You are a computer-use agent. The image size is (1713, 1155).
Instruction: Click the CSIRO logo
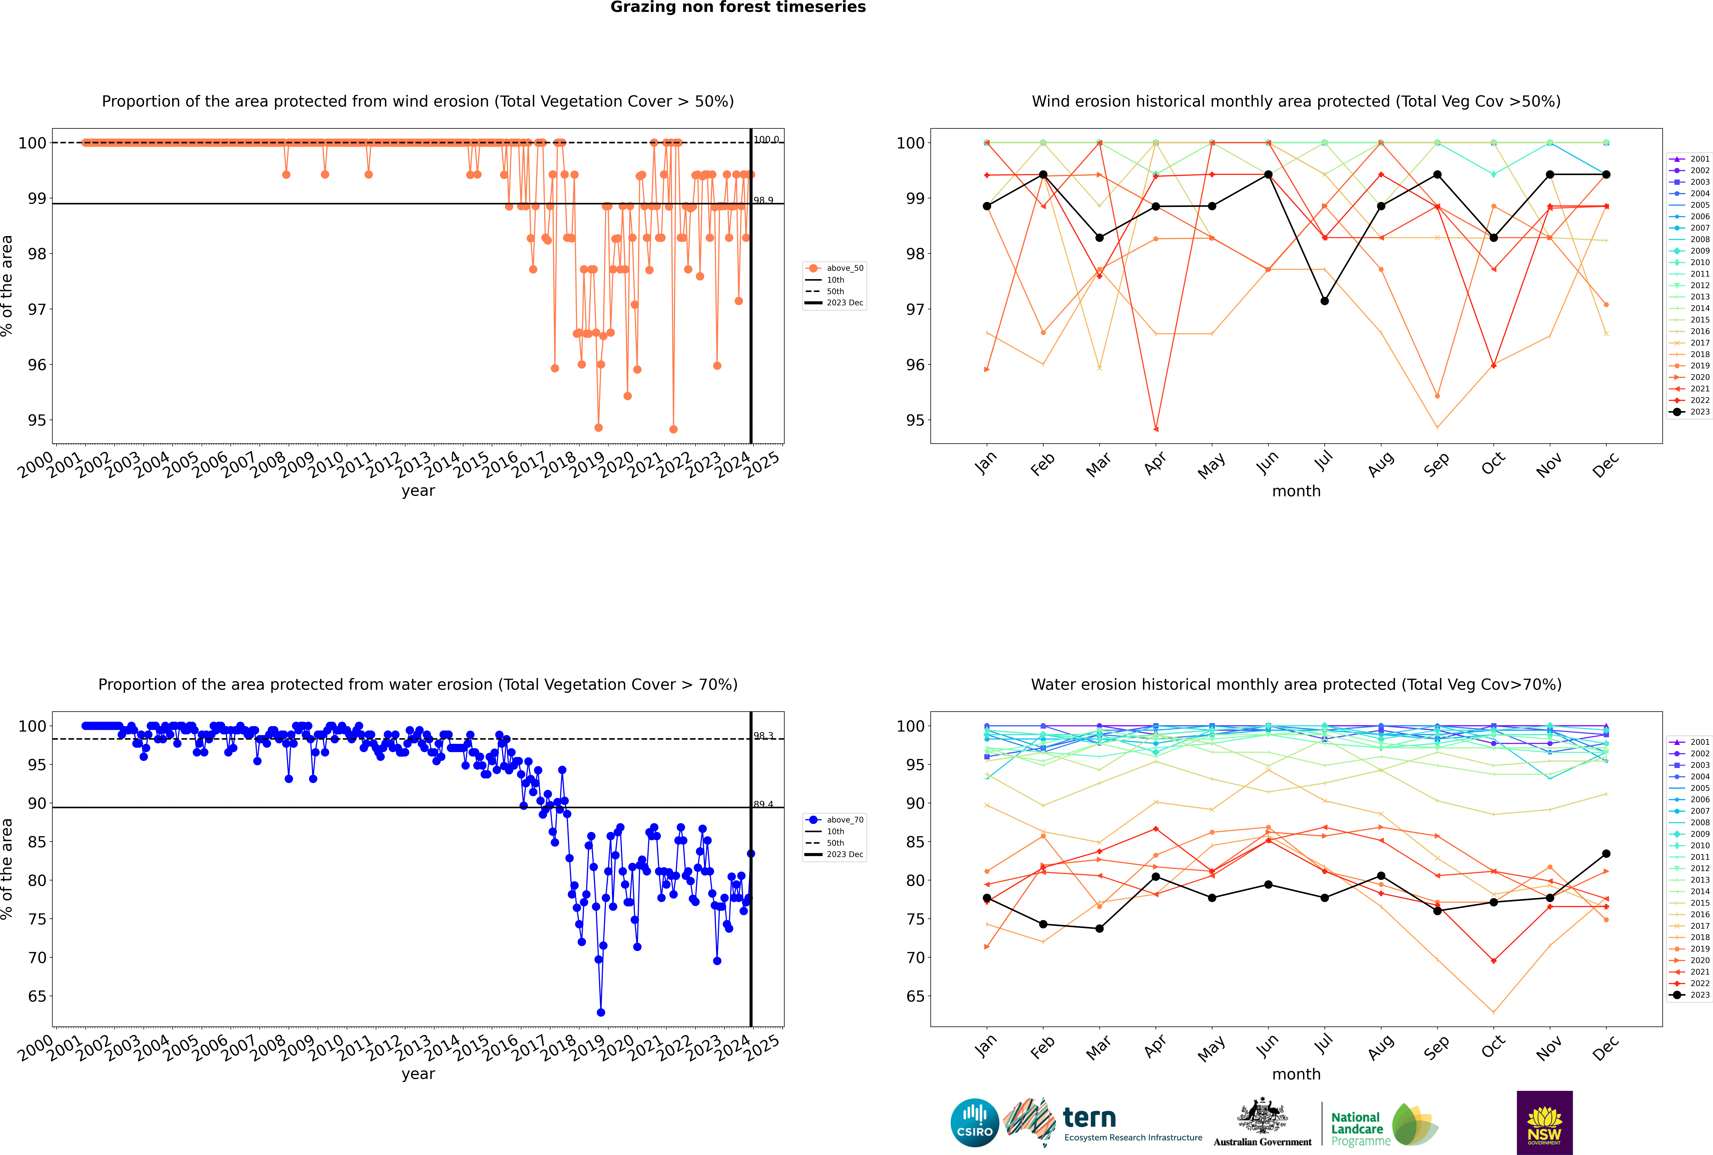point(974,1123)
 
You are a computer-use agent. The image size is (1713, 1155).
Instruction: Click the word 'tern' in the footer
point(1089,1118)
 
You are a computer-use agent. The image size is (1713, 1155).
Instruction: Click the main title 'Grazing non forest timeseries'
point(738,7)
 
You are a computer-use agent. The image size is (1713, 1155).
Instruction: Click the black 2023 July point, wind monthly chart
point(1324,301)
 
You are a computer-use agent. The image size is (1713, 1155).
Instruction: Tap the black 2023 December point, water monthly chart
point(1606,854)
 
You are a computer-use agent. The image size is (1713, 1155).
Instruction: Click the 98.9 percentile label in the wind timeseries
point(763,200)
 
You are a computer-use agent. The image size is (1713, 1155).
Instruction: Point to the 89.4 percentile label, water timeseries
point(763,804)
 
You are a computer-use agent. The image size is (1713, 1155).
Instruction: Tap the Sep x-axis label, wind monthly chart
point(1436,464)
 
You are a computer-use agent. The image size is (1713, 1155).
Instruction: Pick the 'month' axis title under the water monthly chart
point(1296,1074)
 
